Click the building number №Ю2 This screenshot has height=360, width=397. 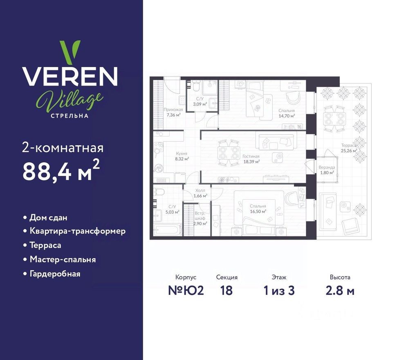(186, 291)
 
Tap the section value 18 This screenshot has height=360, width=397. (226, 291)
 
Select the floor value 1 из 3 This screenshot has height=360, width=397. (279, 291)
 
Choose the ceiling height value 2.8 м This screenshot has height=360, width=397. (340, 291)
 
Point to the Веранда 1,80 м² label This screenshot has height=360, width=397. (327, 170)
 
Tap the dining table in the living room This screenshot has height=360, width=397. (228, 153)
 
